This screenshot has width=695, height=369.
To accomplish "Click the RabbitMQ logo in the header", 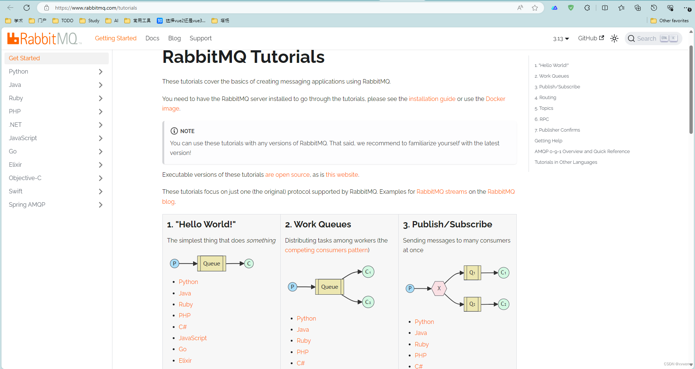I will pyautogui.click(x=44, y=38).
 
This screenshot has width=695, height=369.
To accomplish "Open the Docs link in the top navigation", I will pyautogui.click(x=152, y=38).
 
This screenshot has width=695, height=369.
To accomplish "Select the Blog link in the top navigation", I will pyautogui.click(x=174, y=38).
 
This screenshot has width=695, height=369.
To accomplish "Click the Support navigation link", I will pyautogui.click(x=200, y=38).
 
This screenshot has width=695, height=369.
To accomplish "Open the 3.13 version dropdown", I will pyautogui.click(x=561, y=39).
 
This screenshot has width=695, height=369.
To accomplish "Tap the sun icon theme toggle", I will pyautogui.click(x=614, y=38).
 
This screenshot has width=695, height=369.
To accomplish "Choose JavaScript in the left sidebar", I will pyautogui.click(x=23, y=138).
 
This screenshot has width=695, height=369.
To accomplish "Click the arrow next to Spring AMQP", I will pyautogui.click(x=101, y=205).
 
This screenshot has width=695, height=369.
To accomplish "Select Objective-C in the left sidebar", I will pyautogui.click(x=25, y=178).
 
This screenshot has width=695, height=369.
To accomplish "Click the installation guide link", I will pyautogui.click(x=432, y=99).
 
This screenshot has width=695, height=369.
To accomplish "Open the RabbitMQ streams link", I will pyautogui.click(x=442, y=192).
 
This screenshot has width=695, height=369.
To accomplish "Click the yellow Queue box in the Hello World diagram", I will pyautogui.click(x=212, y=264).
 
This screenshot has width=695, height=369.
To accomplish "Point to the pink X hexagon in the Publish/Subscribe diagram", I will pyautogui.click(x=439, y=288).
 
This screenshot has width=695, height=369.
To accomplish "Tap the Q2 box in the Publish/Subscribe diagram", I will pyautogui.click(x=472, y=304).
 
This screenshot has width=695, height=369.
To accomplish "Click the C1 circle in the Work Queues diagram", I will pyautogui.click(x=368, y=272).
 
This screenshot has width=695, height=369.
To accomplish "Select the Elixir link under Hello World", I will pyautogui.click(x=185, y=360).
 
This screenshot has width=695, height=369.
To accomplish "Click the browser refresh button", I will pyautogui.click(x=27, y=8).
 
